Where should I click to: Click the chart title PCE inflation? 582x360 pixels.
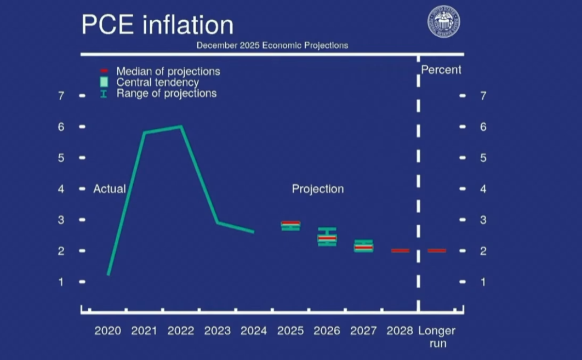click(157, 25)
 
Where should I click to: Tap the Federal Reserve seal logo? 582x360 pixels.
click(443, 22)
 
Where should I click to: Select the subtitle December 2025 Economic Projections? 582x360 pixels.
click(272, 45)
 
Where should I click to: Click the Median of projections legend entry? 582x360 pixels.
click(168, 71)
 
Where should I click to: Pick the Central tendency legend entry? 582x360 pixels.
click(157, 83)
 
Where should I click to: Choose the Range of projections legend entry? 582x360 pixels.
click(166, 94)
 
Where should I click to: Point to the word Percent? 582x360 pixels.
click(441, 70)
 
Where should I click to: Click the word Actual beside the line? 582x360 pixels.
click(109, 189)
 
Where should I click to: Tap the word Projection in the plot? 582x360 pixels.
click(317, 189)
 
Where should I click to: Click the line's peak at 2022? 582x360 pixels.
click(181, 127)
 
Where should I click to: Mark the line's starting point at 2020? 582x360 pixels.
click(108, 274)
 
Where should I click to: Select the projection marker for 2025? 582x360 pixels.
click(290, 225)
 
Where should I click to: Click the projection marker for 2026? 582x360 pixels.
click(327, 237)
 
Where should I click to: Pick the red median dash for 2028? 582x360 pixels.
click(400, 250)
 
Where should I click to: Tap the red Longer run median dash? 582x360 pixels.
click(437, 250)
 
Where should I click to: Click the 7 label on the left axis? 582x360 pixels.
click(61, 96)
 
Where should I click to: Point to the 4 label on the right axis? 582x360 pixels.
click(483, 189)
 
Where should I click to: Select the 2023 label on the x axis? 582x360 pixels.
click(217, 331)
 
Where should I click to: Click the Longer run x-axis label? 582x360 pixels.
click(437, 337)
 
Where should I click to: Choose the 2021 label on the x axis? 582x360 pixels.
click(144, 331)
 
